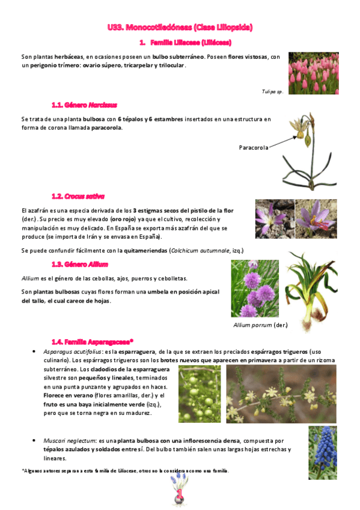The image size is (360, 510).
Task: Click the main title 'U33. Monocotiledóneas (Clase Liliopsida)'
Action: coord(180,27)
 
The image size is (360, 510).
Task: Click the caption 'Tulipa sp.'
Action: coord(272,91)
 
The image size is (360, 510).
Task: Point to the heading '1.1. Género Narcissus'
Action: coord(84,105)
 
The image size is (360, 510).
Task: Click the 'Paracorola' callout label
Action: coord(253,147)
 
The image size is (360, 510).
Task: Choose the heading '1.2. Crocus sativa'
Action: coord(78,196)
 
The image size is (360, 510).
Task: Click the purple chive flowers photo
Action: coord(254,288)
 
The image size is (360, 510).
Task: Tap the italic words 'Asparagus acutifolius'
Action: coord(69,351)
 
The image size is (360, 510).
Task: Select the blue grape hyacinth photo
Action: coord(322,452)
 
